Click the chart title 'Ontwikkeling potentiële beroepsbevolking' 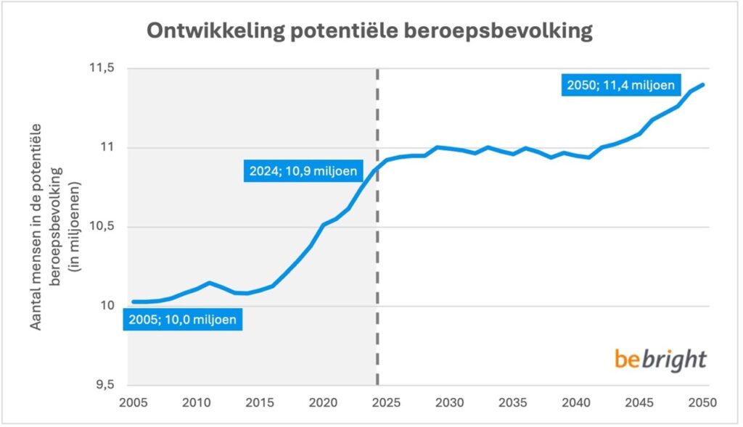tap(371, 31)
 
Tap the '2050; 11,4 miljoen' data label tap(621, 86)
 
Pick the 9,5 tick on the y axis tap(104, 385)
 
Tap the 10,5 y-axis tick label tap(101, 227)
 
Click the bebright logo tap(660, 359)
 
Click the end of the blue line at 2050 tap(703, 85)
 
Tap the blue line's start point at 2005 tap(134, 302)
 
